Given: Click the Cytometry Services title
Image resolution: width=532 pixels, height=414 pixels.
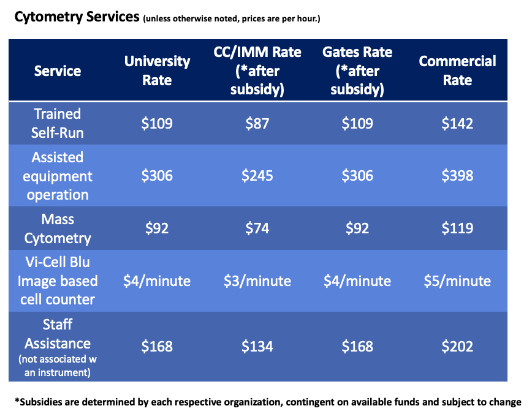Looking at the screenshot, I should [x=77, y=17].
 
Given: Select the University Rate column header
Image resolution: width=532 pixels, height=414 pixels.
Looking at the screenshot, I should [x=157, y=70].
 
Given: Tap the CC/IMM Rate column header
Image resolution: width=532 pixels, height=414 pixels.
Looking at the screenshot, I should [x=257, y=70].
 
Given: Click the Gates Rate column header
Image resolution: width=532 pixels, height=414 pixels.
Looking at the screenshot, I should [x=357, y=70].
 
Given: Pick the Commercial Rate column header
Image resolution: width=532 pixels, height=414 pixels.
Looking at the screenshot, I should [x=457, y=70].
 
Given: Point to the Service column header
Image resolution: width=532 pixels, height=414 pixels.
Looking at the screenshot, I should [x=58, y=70].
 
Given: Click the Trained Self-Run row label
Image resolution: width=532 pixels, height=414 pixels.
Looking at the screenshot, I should [x=58, y=123].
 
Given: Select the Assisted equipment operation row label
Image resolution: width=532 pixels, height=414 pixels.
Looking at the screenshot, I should [x=58, y=176].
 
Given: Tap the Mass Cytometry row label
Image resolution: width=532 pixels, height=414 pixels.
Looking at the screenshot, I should [x=58, y=228].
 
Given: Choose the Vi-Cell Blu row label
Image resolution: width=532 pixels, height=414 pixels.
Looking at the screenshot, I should [x=58, y=280].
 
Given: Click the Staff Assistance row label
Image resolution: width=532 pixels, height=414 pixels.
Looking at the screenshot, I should [x=58, y=346].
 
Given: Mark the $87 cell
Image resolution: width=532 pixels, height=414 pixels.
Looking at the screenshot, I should [x=257, y=123].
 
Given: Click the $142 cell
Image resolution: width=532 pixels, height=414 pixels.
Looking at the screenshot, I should [x=457, y=123].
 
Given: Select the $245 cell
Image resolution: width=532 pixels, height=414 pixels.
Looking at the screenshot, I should [x=257, y=176].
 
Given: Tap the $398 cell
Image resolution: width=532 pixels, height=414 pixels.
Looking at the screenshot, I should [x=457, y=176].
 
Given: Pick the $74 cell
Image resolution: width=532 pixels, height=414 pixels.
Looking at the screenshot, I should [x=257, y=228].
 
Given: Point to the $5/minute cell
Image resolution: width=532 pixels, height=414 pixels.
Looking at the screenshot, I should [x=457, y=280].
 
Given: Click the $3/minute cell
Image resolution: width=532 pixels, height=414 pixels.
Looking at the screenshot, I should [x=257, y=280].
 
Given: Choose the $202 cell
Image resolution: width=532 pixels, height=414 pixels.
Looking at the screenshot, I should [x=457, y=346].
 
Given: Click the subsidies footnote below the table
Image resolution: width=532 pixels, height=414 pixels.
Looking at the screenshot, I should [x=267, y=401].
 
